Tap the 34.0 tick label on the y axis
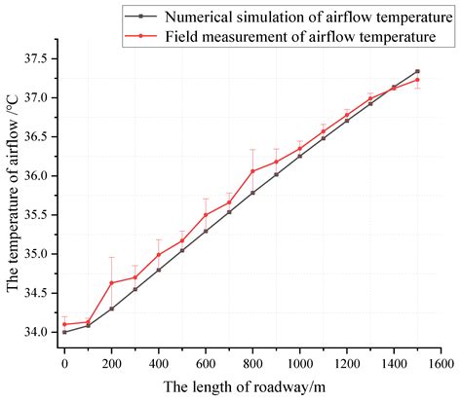[31, 332]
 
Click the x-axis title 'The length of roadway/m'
[252, 385]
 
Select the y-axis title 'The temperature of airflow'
[13, 195]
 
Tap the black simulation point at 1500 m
[417, 71]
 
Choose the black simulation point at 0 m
[64, 332]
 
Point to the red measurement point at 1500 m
[417, 80]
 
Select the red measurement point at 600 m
[206, 215]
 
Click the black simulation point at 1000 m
[299, 156]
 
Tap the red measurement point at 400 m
[159, 255]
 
